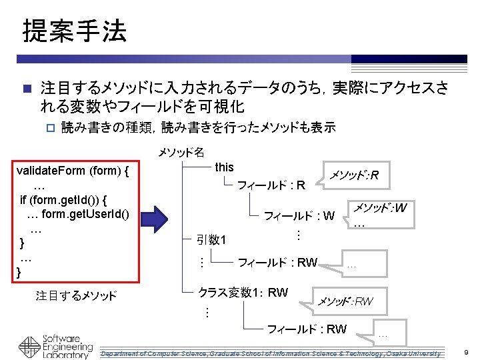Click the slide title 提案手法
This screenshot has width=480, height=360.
click(75, 31)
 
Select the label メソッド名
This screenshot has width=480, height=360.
click(181, 153)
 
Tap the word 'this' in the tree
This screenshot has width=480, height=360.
click(224, 167)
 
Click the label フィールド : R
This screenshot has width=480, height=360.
click(271, 185)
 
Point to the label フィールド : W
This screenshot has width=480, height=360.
click(299, 215)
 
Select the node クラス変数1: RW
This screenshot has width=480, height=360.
click(243, 292)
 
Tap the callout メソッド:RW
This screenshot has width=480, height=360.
click(344, 302)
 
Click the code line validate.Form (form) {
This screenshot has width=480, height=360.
click(72, 171)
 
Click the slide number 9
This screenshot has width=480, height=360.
click(467, 352)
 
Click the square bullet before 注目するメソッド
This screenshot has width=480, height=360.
click(26, 89)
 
